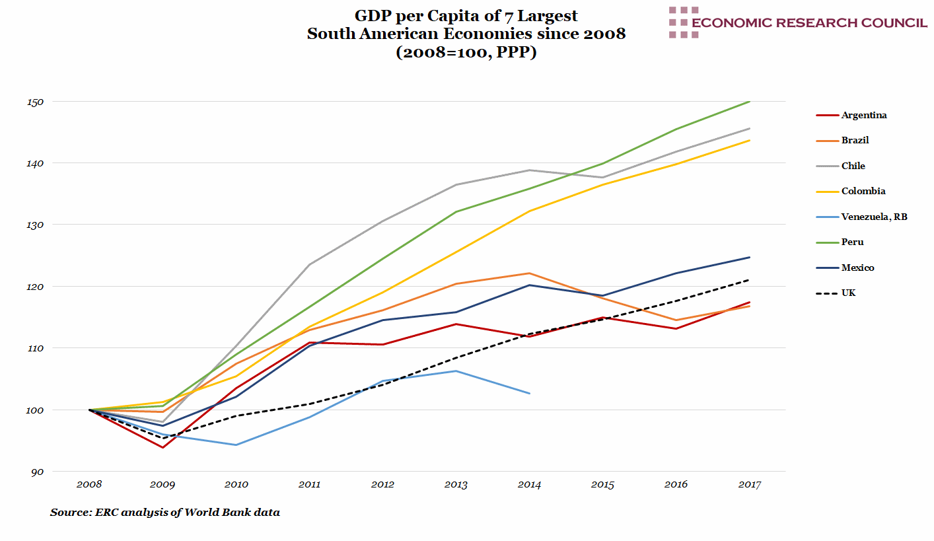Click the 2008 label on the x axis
[x=89, y=485]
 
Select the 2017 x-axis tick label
[x=749, y=485]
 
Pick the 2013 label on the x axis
[x=456, y=485]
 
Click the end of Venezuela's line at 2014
[x=530, y=394]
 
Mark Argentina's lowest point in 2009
[x=162, y=448]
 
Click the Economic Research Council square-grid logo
[x=684, y=22]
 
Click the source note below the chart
[x=164, y=512]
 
